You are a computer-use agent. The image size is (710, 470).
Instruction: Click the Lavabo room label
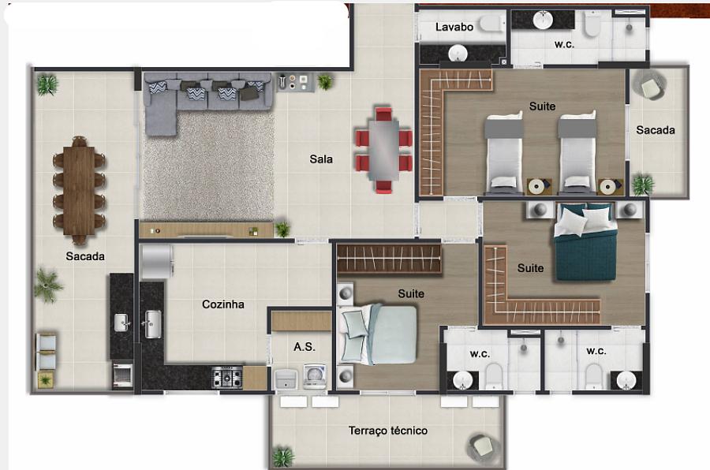coord(454,27)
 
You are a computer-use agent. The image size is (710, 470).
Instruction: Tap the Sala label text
coord(321,159)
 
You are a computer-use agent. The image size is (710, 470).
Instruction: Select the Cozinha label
coord(223,304)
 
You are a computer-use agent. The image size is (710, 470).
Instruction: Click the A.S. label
coord(305,347)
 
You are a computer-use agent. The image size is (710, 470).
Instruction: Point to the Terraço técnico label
coord(388,431)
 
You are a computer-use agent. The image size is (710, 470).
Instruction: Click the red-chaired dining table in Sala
coord(383,150)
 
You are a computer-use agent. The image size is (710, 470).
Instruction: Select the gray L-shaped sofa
coord(197,99)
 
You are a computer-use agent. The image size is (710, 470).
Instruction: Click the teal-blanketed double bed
coord(585,243)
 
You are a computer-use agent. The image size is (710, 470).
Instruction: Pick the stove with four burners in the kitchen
coord(227,377)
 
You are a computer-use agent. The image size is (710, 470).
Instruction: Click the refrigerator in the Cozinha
coord(157,262)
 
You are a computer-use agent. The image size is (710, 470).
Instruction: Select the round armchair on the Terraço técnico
coord(484,446)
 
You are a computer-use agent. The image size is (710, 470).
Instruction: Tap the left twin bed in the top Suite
coord(503,153)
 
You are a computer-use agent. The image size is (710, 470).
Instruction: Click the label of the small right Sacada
coord(656,130)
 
